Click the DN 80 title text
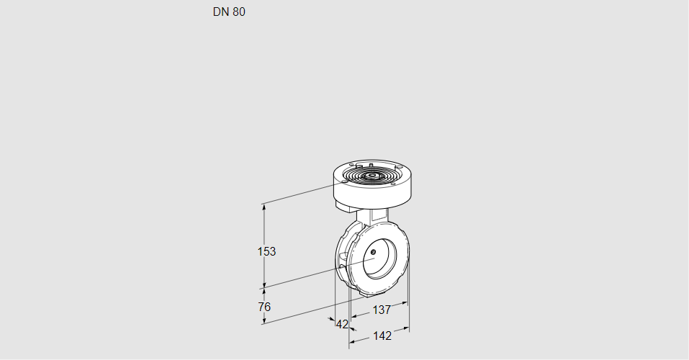coord(229,12)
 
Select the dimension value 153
coord(267,251)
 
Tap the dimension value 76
coord(264,307)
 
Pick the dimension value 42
coord(342,324)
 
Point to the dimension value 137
coord(381,310)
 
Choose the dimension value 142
coord(382,336)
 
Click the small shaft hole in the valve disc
coord(374,251)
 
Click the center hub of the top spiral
coord(372,176)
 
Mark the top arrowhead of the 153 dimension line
coord(264,207)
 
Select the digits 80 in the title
coord(238,12)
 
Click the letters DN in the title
coord(220,12)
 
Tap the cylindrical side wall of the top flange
coord(374,192)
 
